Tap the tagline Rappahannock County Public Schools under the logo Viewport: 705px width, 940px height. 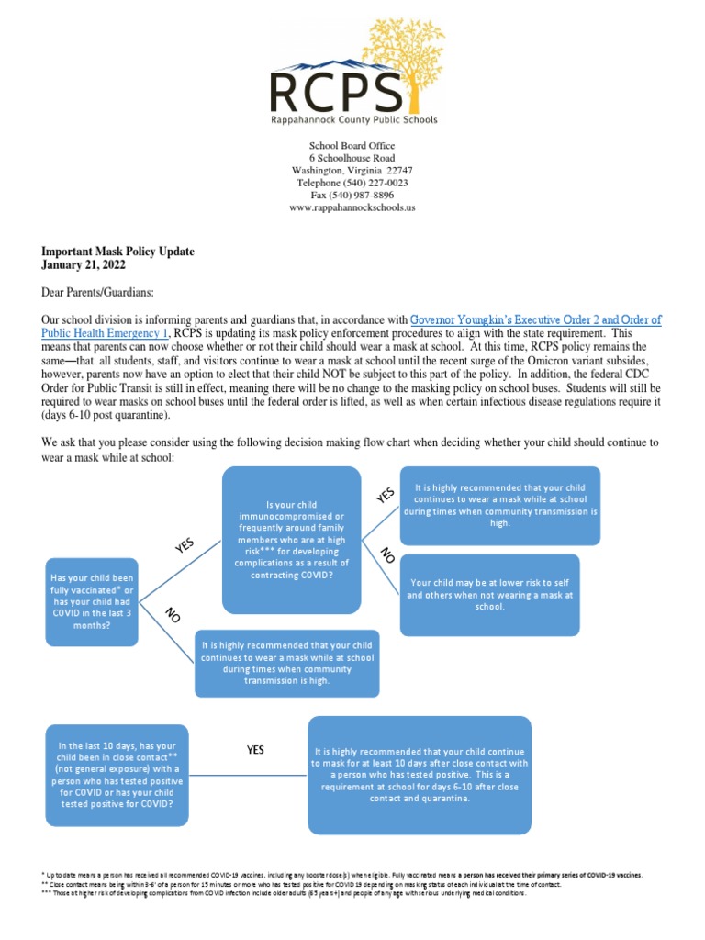point(352,119)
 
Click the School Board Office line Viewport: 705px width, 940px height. point(352,146)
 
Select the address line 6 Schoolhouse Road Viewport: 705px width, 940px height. point(352,158)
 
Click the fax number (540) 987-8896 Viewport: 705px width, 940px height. point(365,195)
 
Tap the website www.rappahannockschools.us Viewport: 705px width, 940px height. point(352,207)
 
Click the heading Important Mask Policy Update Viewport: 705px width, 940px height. point(118,252)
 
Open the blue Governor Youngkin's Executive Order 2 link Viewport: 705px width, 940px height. point(535,319)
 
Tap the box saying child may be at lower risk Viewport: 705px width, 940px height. point(489,594)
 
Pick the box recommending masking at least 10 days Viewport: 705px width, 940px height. point(420,775)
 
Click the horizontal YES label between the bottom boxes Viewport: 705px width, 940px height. point(255,750)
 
